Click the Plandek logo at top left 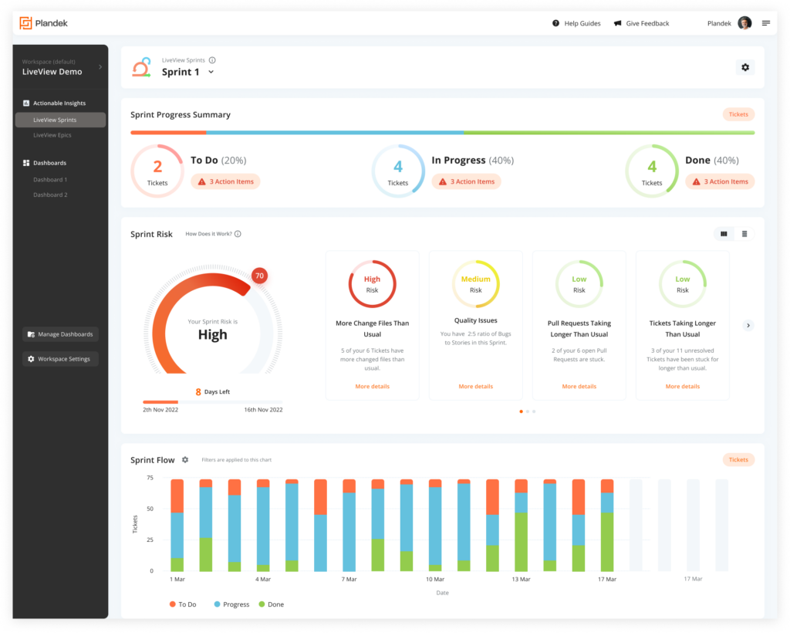(44, 23)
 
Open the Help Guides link (576, 24)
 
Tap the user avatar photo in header (744, 23)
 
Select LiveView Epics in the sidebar (52, 135)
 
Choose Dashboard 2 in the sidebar (50, 195)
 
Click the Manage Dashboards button (60, 334)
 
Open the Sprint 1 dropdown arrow (211, 73)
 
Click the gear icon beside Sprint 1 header (744, 68)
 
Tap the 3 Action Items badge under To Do (225, 181)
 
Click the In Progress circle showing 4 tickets (398, 171)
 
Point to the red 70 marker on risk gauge (259, 276)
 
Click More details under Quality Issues (476, 386)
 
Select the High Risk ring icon (372, 284)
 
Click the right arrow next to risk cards (748, 326)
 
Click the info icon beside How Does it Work (238, 234)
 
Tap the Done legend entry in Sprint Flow (271, 604)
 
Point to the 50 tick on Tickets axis (150, 509)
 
